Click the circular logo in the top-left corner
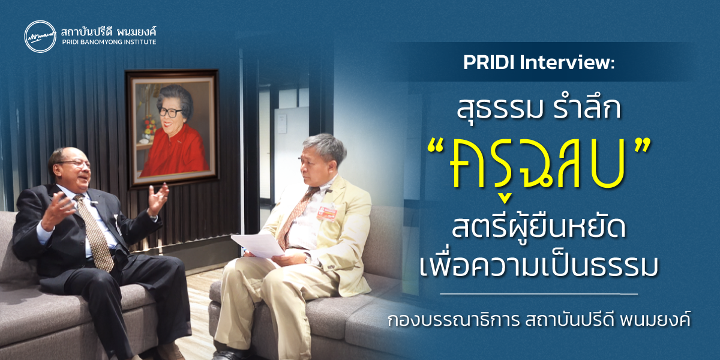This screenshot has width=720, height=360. point(39,37)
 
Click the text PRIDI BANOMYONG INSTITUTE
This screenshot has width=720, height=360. point(109,43)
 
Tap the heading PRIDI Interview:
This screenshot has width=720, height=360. point(539,64)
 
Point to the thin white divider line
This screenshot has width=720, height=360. point(538,294)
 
